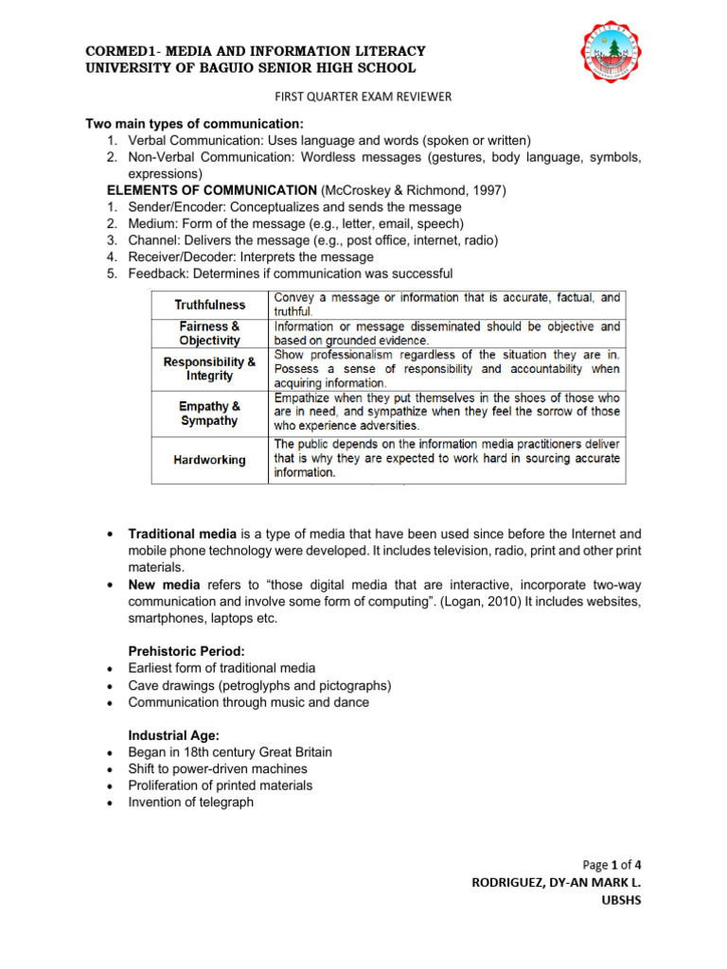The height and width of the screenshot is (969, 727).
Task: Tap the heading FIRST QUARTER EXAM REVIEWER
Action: point(363,97)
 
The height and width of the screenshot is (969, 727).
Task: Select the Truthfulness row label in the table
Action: point(209,305)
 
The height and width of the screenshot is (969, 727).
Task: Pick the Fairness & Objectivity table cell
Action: point(209,333)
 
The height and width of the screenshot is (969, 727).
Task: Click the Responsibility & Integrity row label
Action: point(209,368)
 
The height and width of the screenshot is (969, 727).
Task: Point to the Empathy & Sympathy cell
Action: point(209,413)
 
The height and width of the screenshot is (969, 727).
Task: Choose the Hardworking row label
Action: point(209,460)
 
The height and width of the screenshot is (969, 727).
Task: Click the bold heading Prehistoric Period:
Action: point(186,651)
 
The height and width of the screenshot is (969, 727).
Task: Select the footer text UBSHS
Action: point(621,900)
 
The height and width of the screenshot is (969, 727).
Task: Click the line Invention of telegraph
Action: point(191,802)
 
